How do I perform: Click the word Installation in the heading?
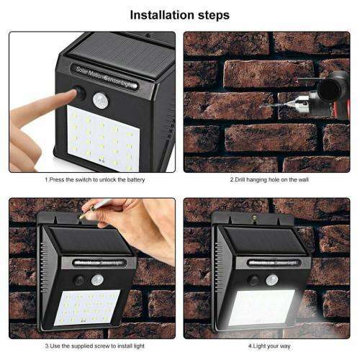[160, 14]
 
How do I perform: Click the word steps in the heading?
[212, 14]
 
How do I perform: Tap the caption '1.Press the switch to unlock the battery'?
[91, 179]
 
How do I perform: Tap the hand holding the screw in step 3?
[137, 220]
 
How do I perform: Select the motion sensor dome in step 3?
[96, 280]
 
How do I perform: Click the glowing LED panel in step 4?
[261, 308]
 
